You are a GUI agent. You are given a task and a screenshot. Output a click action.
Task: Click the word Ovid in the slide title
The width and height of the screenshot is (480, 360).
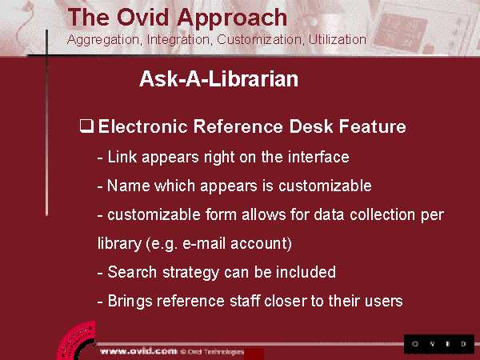(x=142, y=18)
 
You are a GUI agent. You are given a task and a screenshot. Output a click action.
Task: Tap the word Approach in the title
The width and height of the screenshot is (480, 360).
(x=232, y=18)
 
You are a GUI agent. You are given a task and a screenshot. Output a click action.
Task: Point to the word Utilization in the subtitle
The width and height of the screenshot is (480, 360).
(x=337, y=39)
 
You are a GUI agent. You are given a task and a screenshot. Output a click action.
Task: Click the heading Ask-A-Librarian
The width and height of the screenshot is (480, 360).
(x=218, y=79)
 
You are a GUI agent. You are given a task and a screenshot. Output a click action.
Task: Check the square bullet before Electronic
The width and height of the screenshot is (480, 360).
(x=86, y=126)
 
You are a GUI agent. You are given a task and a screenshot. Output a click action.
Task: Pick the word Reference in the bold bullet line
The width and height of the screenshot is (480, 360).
(x=238, y=126)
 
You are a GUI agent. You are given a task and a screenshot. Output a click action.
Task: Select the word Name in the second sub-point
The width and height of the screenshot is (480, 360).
(x=129, y=186)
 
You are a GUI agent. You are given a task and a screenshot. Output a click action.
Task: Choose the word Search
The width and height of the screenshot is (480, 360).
(x=132, y=272)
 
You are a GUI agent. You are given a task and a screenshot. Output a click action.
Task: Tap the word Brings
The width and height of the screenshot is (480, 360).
(x=130, y=302)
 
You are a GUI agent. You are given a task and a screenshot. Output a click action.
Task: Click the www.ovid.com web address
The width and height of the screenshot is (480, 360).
(x=138, y=351)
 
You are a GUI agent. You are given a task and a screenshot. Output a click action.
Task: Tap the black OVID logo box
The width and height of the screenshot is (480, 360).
(x=439, y=344)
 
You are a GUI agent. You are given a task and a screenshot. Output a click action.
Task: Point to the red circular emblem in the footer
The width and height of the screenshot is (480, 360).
(x=77, y=342)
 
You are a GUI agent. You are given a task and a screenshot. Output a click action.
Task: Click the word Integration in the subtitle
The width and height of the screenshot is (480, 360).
(x=178, y=40)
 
